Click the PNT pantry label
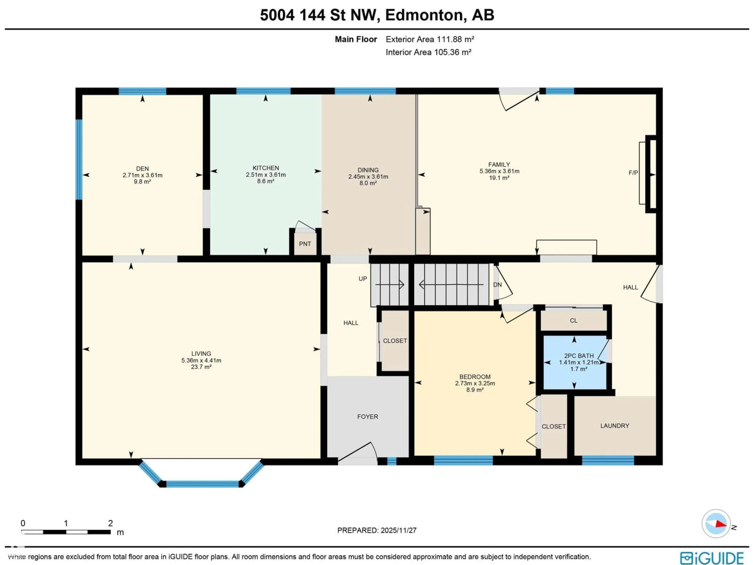point(305,244)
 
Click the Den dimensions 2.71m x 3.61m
point(142,175)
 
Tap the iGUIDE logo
point(711,558)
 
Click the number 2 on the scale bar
point(110,523)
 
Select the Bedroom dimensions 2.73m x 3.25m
point(475,383)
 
